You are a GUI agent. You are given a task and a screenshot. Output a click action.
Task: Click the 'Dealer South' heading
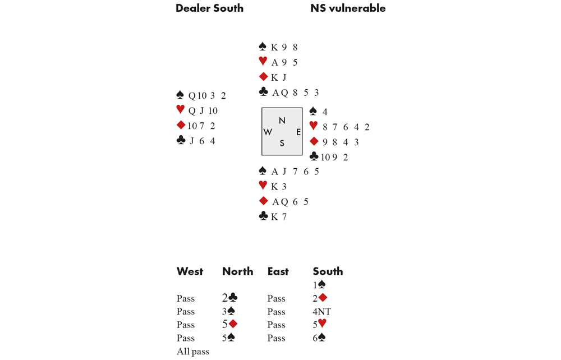coord(209,8)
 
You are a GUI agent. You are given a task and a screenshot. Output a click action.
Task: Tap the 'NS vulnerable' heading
coord(348,8)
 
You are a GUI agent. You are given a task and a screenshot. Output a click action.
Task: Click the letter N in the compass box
coord(282,121)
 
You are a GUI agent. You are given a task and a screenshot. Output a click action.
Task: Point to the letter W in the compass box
coord(268,132)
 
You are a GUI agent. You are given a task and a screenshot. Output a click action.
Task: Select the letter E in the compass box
coord(298,132)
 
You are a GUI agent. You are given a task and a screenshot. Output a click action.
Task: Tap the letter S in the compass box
coord(282,144)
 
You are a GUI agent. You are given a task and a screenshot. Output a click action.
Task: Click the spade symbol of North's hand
coord(263,47)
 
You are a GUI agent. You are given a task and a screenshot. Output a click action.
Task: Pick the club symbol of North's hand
coord(263,92)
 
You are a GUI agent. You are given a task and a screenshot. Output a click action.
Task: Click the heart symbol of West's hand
coord(181,109)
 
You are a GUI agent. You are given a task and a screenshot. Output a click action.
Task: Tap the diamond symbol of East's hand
coord(314,141)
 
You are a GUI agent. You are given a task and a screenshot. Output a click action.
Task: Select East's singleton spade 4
coord(325,112)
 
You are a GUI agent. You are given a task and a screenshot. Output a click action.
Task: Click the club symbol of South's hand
coord(263,216)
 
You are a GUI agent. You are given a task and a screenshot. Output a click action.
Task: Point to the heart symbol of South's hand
coord(263,185)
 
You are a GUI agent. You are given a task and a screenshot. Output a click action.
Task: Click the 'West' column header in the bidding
coord(190,271)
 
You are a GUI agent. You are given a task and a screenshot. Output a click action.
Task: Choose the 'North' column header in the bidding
coord(237,271)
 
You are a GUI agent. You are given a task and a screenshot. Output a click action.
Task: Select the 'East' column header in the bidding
coord(278,271)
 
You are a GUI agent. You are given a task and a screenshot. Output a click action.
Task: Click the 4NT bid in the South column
coord(321,312)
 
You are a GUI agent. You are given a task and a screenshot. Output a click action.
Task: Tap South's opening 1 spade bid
coord(319,284)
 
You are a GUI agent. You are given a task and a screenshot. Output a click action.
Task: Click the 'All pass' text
coord(193,352)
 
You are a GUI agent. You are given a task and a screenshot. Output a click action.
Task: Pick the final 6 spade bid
coord(319,338)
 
